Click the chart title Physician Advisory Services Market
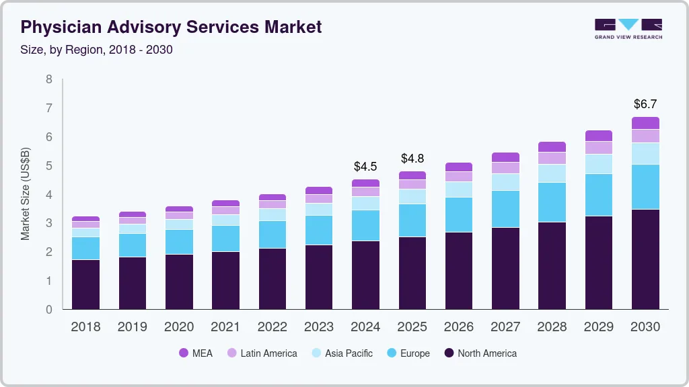[x=172, y=28]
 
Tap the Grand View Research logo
[x=628, y=29]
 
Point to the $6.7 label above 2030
[x=645, y=104]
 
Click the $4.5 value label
[x=365, y=166]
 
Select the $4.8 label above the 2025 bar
[x=412, y=159]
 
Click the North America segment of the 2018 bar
[x=86, y=284]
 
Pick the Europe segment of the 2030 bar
[x=645, y=187]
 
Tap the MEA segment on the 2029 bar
[x=598, y=136]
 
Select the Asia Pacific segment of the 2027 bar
[x=505, y=182]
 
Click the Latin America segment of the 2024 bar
[x=365, y=191]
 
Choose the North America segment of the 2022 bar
[x=273, y=279]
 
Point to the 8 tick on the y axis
[x=49, y=79]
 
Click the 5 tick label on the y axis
[x=49, y=166]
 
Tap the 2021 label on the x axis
[x=225, y=327]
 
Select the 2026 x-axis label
[x=458, y=327]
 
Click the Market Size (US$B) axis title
[x=26, y=195]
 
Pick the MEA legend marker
[x=184, y=353]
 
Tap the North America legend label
[x=486, y=353]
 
